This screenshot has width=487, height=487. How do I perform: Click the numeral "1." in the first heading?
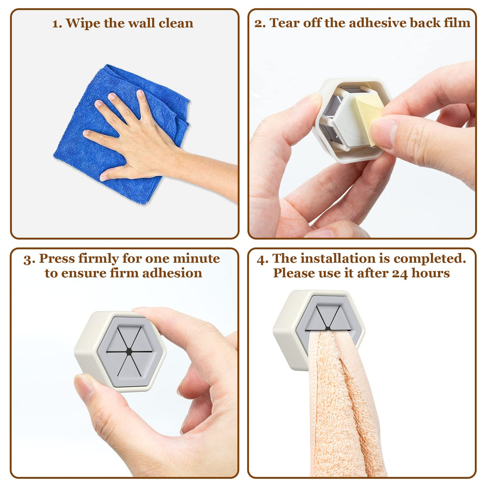click(57, 24)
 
